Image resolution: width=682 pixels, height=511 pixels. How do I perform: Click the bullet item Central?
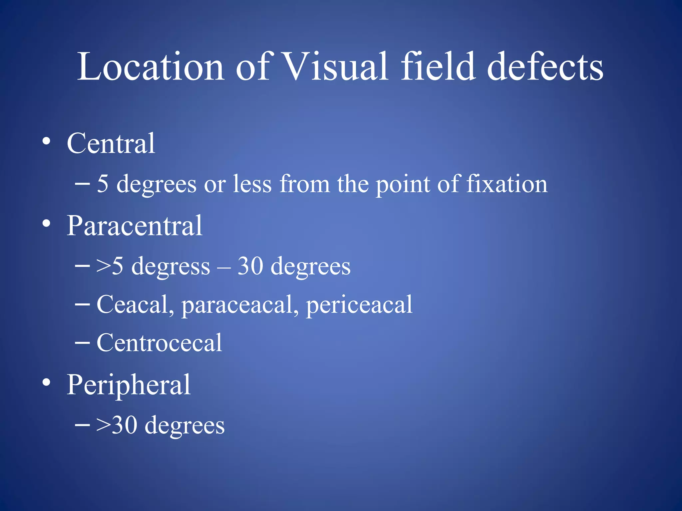(111, 143)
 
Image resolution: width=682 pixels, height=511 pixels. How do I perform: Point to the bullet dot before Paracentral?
(46, 223)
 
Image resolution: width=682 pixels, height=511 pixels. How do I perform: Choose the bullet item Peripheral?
(129, 385)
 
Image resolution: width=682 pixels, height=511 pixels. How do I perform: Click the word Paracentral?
(135, 226)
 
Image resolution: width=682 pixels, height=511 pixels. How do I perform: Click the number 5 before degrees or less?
(103, 184)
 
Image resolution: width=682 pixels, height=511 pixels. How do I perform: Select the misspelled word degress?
(171, 267)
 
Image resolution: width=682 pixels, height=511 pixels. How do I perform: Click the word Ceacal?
(135, 304)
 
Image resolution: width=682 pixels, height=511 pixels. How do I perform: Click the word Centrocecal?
(159, 343)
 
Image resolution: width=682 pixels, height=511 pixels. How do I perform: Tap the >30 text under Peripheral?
(117, 425)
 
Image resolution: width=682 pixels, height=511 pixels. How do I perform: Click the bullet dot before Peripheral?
(46, 382)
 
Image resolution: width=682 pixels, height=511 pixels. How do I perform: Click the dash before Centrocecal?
(82, 343)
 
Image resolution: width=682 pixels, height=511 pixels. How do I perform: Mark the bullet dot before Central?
(46, 141)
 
